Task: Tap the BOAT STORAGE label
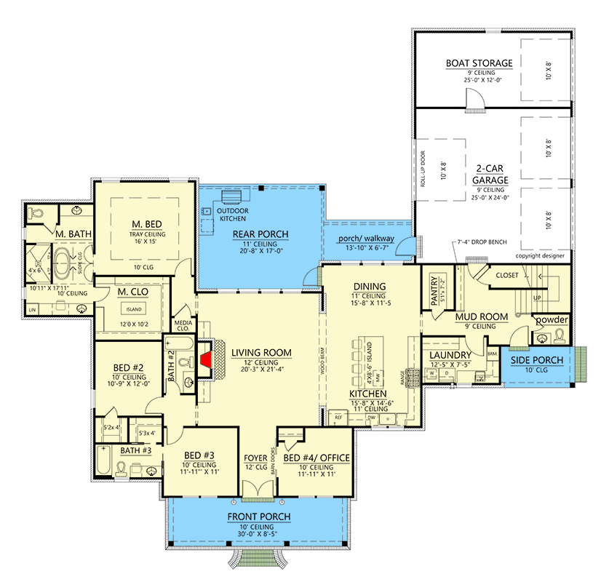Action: click(479, 63)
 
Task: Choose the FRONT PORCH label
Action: click(260, 517)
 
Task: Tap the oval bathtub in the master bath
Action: click(60, 260)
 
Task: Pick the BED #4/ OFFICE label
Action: click(317, 458)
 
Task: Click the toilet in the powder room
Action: click(560, 335)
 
